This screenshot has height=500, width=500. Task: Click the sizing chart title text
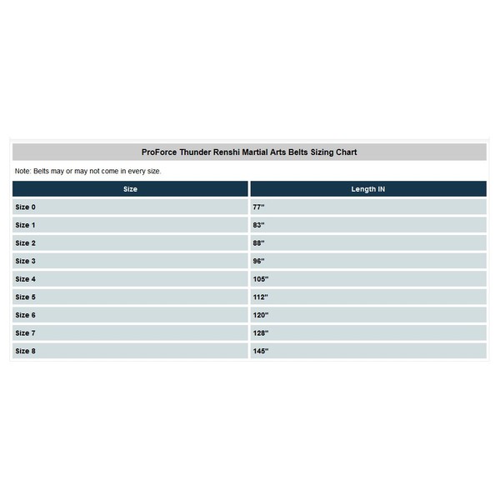click(x=249, y=152)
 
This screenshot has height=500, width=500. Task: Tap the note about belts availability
click(x=88, y=171)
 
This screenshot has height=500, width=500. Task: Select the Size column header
click(x=130, y=189)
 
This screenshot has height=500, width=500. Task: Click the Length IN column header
click(x=367, y=189)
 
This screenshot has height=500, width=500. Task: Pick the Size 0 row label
click(x=26, y=207)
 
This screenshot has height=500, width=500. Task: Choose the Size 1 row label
click(x=26, y=225)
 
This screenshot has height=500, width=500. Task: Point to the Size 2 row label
click(x=26, y=243)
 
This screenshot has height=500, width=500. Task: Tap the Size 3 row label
click(x=26, y=261)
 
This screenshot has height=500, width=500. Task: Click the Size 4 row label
click(x=26, y=279)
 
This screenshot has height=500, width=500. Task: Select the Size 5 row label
click(x=26, y=297)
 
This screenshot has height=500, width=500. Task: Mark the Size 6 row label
click(x=26, y=316)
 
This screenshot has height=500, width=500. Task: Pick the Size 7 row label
click(x=26, y=333)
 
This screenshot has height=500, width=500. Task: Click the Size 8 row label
click(x=26, y=352)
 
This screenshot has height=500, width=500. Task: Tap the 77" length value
click(x=258, y=207)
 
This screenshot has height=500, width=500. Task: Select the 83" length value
click(x=258, y=225)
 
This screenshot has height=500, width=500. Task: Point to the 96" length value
click(x=258, y=261)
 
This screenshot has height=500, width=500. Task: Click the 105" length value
click(x=261, y=279)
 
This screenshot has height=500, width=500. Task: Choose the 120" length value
click(x=261, y=316)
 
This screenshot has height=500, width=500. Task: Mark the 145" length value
click(x=261, y=352)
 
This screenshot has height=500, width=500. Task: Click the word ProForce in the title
click(x=159, y=152)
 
